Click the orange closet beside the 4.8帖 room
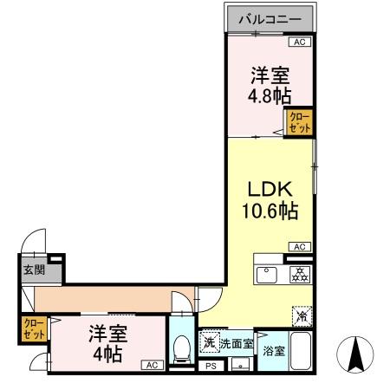pyautogui.click(x=299, y=122)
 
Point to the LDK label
pyautogui.click(x=270, y=190)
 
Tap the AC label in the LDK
pyautogui.click(x=300, y=247)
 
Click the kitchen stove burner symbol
pyautogui.click(x=299, y=275)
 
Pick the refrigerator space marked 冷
pyautogui.click(x=300, y=316)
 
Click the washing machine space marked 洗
pyautogui.click(x=209, y=341)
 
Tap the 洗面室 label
pyautogui.click(x=236, y=344)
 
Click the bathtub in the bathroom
pyautogui.click(x=300, y=350)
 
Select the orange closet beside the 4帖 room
pyautogui.click(x=34, y=329)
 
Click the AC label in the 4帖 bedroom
pyautogui.click(x=151, y=365)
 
